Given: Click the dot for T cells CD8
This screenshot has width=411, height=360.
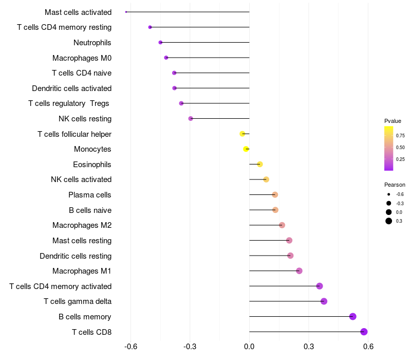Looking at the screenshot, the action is click(x=364, y=332).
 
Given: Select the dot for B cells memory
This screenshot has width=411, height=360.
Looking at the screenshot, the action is click(x=353, y=316).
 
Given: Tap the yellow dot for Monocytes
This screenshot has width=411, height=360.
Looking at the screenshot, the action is click(x=246, y=149).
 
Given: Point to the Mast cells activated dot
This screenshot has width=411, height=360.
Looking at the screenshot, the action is click(x=126, y=12).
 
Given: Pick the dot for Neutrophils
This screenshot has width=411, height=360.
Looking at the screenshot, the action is click(x=160, y=42).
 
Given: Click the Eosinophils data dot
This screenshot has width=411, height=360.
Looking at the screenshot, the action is click(x=260, y=164).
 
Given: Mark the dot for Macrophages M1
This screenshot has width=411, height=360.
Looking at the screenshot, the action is click(x=299, y=271).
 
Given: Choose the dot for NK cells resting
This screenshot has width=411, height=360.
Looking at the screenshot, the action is click(x=191, y=119).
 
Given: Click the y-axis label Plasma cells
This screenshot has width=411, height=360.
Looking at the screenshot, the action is click(x=89, y=195).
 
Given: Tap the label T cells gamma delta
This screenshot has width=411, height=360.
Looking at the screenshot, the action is click(x=78, y=301).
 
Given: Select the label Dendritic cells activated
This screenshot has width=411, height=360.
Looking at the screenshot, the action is click(x=72, y=88).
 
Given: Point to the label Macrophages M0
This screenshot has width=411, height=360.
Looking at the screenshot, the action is click(x=82, y=58).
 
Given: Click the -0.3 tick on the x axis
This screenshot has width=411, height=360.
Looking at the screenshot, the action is click(x=190, y=347).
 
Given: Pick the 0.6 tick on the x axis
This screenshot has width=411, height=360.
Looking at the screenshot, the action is click(x=368, y=347).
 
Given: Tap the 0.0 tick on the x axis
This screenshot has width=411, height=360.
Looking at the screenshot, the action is click(x=249, y=347).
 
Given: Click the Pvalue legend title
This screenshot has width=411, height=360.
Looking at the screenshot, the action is click(x=393, y=121).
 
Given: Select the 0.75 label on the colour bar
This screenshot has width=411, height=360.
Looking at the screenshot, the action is click(x=400, y=136).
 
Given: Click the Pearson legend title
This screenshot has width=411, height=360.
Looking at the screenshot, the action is click(x=395, y=185).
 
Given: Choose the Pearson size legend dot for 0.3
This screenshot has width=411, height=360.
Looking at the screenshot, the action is click(x=389, y=221).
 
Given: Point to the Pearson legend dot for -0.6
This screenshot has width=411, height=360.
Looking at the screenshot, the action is click(x=389, y=194).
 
